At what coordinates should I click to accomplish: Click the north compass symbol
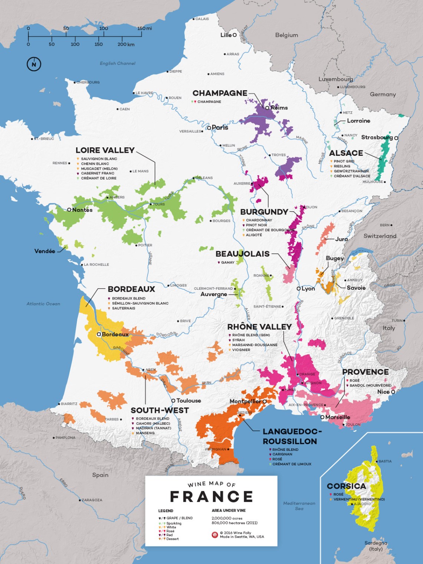click(34, 64)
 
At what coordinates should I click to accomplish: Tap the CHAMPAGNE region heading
click(220, 93)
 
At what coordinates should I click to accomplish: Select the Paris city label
click(220, 128)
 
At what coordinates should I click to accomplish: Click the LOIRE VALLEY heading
click(105, 150)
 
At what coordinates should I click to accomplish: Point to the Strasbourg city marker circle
click(396, 138)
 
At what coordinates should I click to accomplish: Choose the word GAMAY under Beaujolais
click(227, 262)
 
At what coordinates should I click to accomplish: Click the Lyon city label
click(308, 288)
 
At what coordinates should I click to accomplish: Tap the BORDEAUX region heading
click(131, 289)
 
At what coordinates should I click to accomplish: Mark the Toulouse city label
click(188, 401)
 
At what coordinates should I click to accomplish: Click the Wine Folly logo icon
click(214, 535)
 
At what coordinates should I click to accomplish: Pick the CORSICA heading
click(346, 486)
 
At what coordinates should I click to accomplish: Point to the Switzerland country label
click(380, 236)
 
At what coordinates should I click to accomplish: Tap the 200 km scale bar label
click(126, 45)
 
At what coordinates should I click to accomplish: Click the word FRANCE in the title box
click(211, 496)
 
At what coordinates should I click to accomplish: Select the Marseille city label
click(338, 417)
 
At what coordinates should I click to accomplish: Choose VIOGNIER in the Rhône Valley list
click(241, 350)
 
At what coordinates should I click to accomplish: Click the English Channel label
click(118, 63)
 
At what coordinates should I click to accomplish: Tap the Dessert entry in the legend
click(173, 539)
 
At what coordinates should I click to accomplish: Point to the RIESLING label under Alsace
click(342, 166)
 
